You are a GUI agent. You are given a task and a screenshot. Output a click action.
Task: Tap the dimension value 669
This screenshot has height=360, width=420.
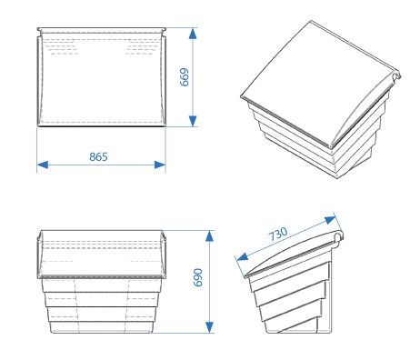[x=185, y=77]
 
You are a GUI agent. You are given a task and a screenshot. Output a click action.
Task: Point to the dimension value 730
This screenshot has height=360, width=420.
[x=278, y=233]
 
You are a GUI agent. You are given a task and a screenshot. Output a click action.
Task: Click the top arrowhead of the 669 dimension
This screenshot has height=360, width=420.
[x=194, y=33]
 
